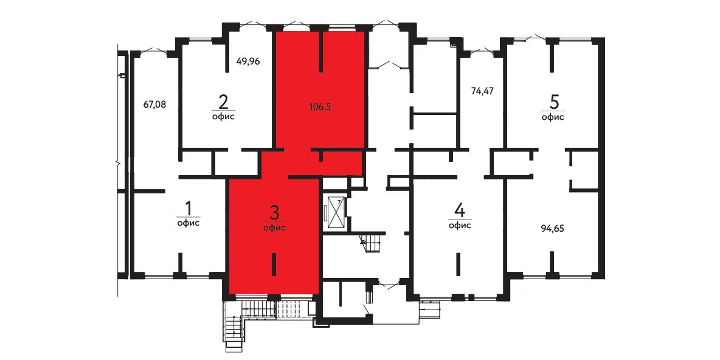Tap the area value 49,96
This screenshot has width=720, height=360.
pos(249,61)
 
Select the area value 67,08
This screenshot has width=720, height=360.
pos(154,104)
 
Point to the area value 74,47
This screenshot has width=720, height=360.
pos(482,91)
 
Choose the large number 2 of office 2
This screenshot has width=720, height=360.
pos(224,101)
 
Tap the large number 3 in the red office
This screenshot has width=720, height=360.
pos(274,213)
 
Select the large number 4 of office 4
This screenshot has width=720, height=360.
pos(460,210)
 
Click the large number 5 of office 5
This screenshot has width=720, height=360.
pos(553,102)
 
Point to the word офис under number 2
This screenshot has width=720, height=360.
pos(224,116)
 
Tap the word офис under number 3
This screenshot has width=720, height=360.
pos(275,228)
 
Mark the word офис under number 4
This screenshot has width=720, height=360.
pos(460,225)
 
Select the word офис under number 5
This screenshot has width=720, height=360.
pos(553,117)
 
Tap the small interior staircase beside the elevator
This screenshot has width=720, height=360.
pos(370,243)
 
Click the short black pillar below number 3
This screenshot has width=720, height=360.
pos(274,264)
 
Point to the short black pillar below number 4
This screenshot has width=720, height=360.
pos(458,264)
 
